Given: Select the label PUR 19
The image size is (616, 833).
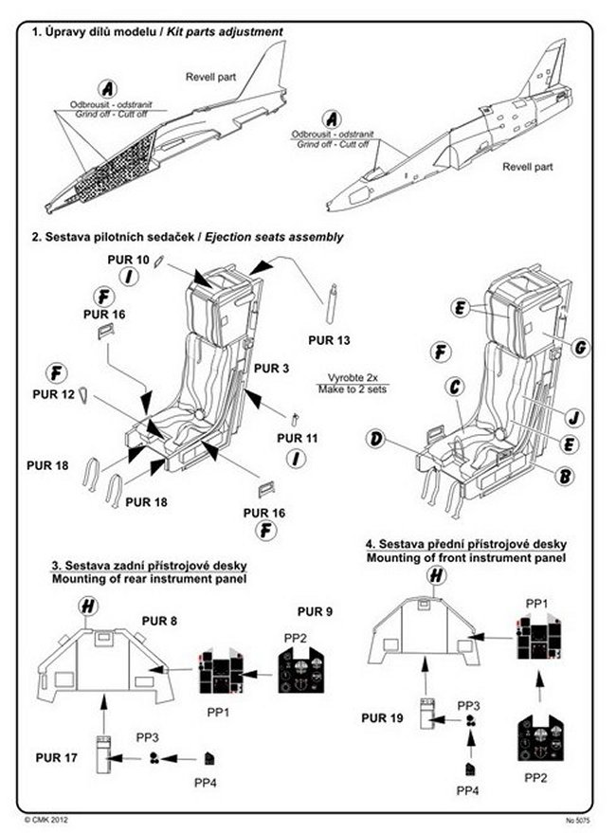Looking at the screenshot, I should coord(383,717).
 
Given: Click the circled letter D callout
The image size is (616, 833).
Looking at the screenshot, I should coord(378,440).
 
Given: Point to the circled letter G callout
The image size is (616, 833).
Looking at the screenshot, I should coord(580,348).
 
